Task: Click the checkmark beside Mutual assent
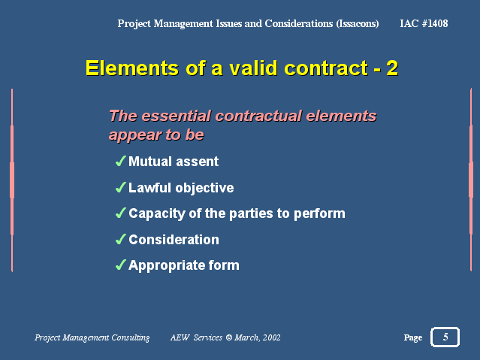pyautogui.click(x=120, y=162)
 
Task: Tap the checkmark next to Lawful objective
pyautogui.click(x=120, y=188)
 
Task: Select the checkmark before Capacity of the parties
pyautogui.click(x=120, y=213)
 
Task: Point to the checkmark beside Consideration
pyautogui.click(x=120, y=240)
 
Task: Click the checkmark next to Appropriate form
pyautogui.click(x=120, y=265)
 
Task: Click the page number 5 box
pyautogui.click(x=445, y=337)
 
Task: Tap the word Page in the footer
pyautogui.click(x=412, y=338)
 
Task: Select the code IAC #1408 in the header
pyautogui.click(x=424, y=23)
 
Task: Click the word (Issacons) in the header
pyautogui.click(x=357, y=23)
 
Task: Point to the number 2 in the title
pyautogui.click(x=391, y=68)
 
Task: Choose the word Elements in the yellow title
pyautogui.click(x=122, y=68)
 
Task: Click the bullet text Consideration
pyautogui.click(x=174, y=240)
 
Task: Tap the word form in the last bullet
pyautogui.click(x=225, y=265)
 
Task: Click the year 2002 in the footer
pyautogui.click(x=271, y=338)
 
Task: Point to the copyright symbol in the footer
pyautogui.click(x=228, y=338)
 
